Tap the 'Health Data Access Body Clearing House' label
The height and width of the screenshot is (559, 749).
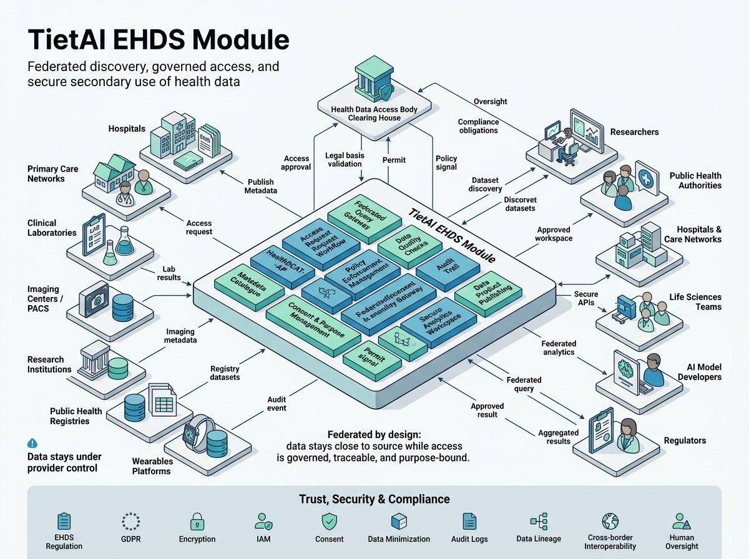click(374, 114)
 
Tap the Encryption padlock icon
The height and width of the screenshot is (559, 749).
click(197, 521)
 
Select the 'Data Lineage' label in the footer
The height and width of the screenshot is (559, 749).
click(539, 539)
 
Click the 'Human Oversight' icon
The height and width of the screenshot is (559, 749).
click(681, 521)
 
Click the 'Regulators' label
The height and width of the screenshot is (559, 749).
click(685, 440)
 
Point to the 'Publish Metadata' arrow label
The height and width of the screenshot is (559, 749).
click(262, 186)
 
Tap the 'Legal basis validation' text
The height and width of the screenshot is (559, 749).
click(345, 159)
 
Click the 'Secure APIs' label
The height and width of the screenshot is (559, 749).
click(585, 299)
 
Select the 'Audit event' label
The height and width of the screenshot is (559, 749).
click(277, 403)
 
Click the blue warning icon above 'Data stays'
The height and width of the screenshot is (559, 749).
click(32, 443)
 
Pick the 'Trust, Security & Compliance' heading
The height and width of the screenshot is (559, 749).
click(374, 499)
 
